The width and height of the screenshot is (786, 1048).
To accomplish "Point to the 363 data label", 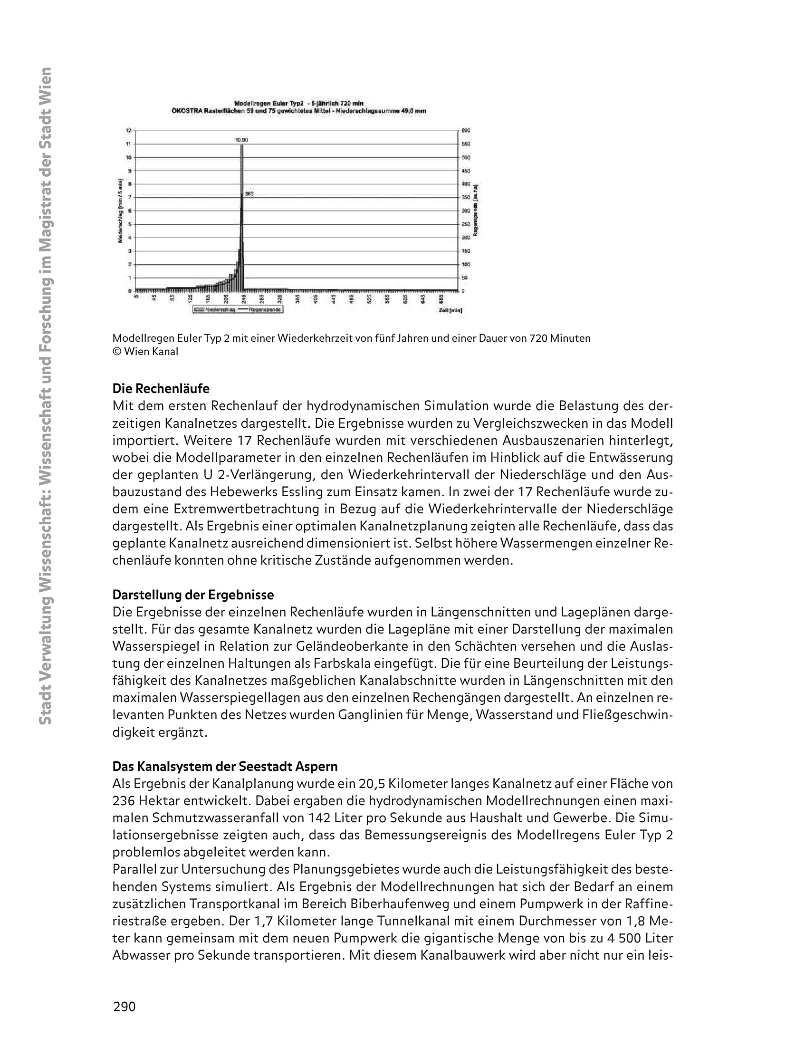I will pyautogui.click(x=249, y=193).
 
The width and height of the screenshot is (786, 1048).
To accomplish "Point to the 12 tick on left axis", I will pyautogui.click(x=128, y=130).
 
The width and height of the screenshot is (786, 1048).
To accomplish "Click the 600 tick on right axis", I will pyautogui.click(x=466, y=130).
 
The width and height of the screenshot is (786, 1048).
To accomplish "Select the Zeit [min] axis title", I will pyautogui.click(x=451, y=310).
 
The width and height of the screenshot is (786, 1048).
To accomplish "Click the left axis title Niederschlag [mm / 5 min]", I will pyautogui.click(x=121, y=211).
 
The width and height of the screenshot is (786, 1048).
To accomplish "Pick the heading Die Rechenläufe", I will pyautogui.click(x=161, y=389).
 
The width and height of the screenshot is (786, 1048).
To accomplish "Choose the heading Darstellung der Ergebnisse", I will pyautogui.click(x=193, y=595).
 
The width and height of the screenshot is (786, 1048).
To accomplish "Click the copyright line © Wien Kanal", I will pyautogui.click(x=145, y=352).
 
